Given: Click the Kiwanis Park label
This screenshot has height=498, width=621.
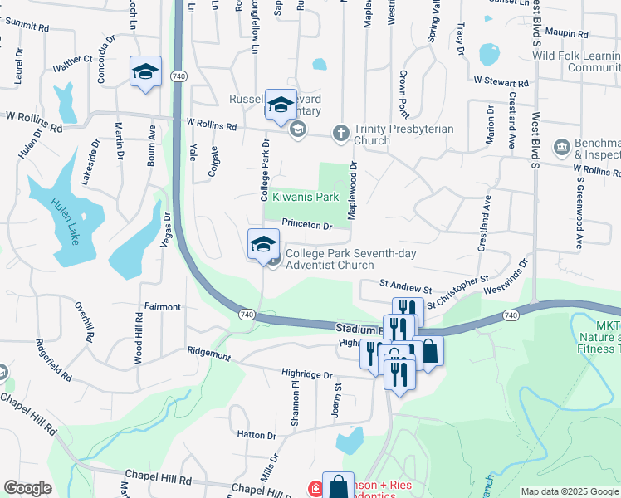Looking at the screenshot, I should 306,197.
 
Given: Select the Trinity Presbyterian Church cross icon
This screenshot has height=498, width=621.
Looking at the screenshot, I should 340,132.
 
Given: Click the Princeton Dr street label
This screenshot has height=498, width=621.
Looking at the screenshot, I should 306,225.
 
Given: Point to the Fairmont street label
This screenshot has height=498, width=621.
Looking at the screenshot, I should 163,307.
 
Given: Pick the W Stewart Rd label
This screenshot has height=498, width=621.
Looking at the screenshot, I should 501,82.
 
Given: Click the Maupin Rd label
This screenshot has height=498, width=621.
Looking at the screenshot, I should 568,35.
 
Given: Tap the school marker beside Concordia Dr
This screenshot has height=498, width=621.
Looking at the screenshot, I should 145,71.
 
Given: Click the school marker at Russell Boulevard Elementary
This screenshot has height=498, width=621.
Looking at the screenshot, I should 281,104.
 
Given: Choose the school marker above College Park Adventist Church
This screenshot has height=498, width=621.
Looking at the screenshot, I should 263,244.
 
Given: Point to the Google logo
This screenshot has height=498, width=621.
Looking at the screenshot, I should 27,489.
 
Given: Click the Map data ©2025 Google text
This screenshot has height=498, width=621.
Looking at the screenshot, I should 570,491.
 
